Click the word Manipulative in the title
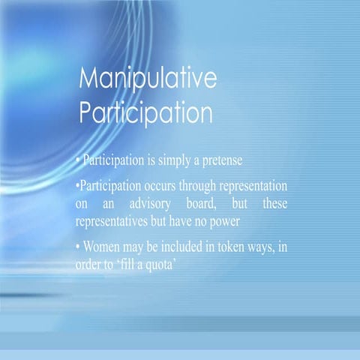pos(148,80)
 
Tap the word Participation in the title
pos(145,112)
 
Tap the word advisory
pos(147,203)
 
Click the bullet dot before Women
pos(79,247)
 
